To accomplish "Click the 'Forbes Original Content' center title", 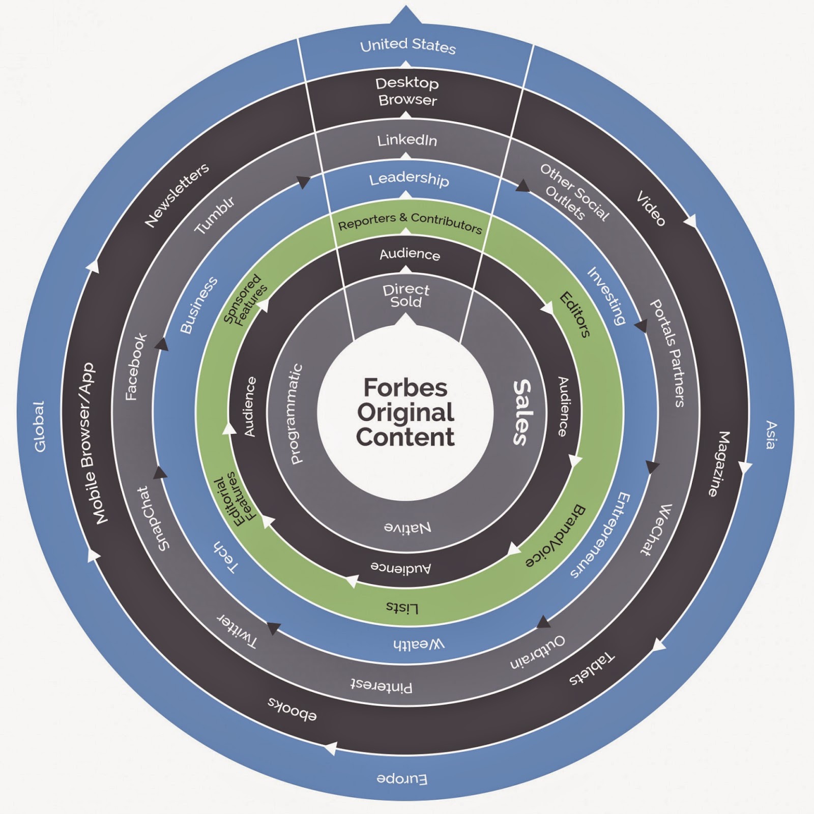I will tap(405, 412).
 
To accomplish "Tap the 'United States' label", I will tap(408, 46).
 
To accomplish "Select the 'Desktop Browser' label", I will tap(407, 92).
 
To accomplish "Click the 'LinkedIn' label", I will tap(407, 140).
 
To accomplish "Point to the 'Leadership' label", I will tap(409, 179).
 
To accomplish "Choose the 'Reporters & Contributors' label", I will tap(410, 222).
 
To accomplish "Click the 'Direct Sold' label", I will tap(406, 296).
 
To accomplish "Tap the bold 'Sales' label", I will tap(522, 412).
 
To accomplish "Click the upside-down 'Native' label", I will tap(408, 527).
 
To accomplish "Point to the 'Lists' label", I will tap(402, 607).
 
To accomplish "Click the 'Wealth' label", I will tap(419, 644).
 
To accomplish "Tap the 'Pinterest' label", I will tap(381, 686).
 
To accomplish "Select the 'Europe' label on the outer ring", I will tap(402, 778).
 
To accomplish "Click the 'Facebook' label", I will tap(136, 366).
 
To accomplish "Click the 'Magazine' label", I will tap(719, 463).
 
